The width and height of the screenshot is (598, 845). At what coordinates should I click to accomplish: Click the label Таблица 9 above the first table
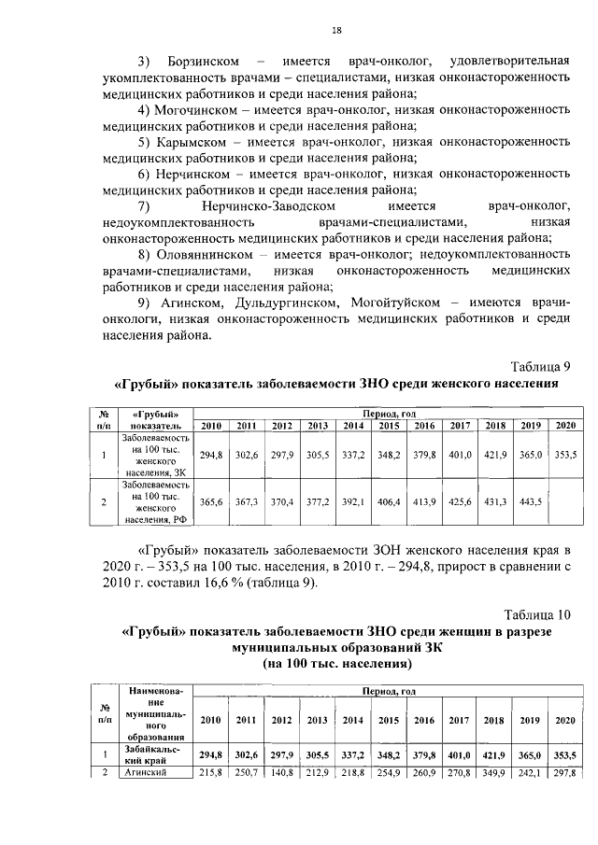tap(540, 365)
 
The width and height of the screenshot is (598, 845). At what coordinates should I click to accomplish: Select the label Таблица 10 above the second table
tap(536, 615)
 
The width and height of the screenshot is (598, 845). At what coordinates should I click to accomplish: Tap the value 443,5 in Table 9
tap(531, 501)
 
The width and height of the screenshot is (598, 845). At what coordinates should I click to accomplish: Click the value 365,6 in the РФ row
tap(211, 501)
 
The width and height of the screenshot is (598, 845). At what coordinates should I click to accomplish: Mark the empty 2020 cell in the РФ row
tap(565, 501)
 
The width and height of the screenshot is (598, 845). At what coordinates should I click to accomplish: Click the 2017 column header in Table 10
tap(460, 720)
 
